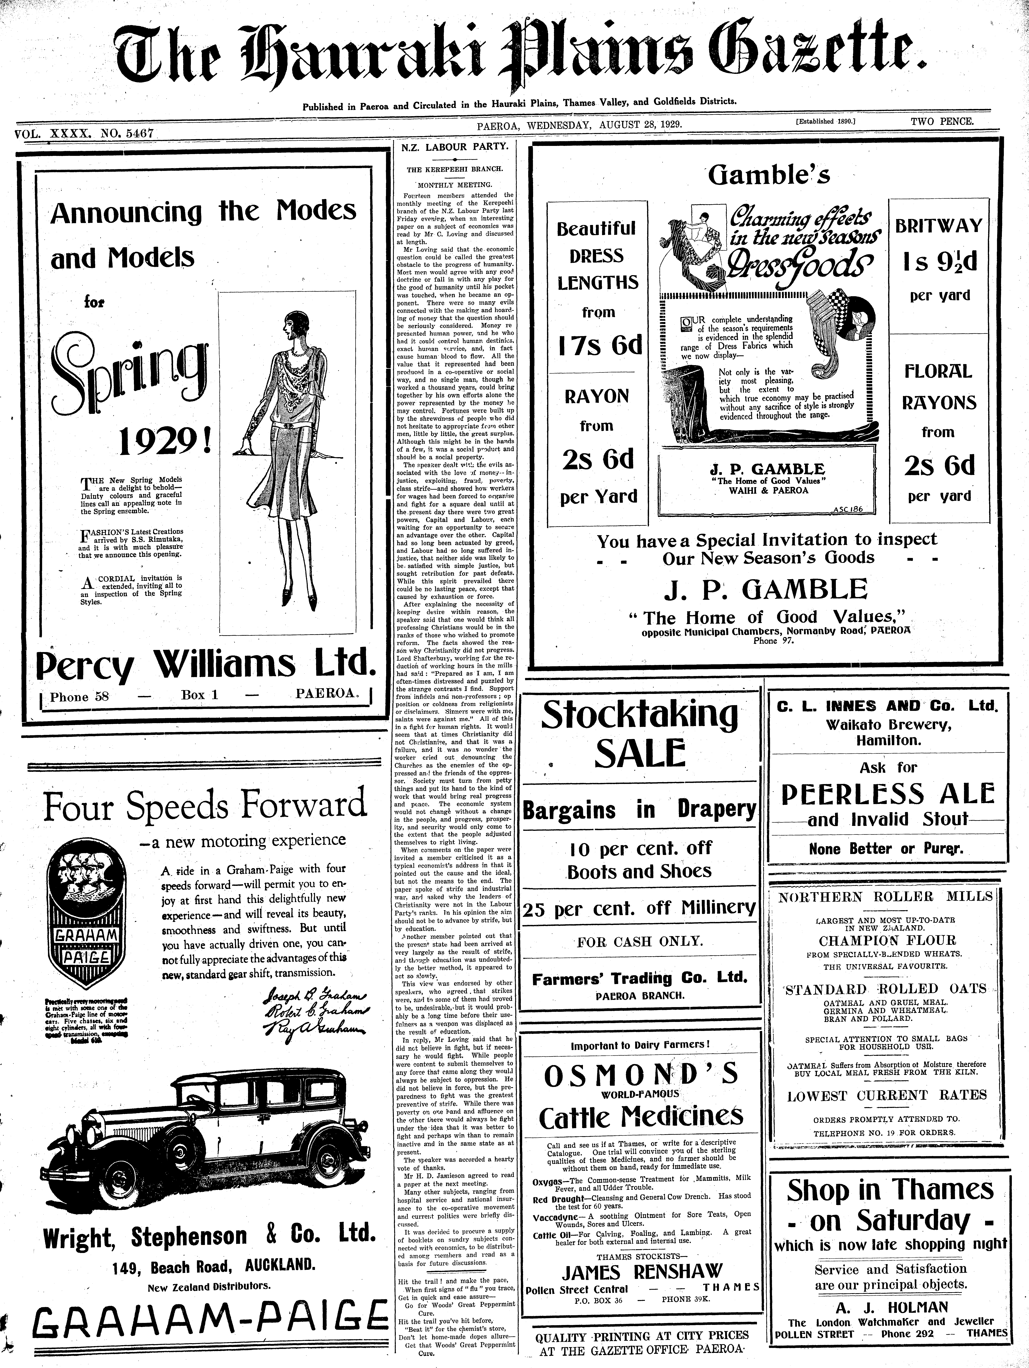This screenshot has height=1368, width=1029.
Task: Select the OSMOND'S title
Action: click(x=640, y=1076)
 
